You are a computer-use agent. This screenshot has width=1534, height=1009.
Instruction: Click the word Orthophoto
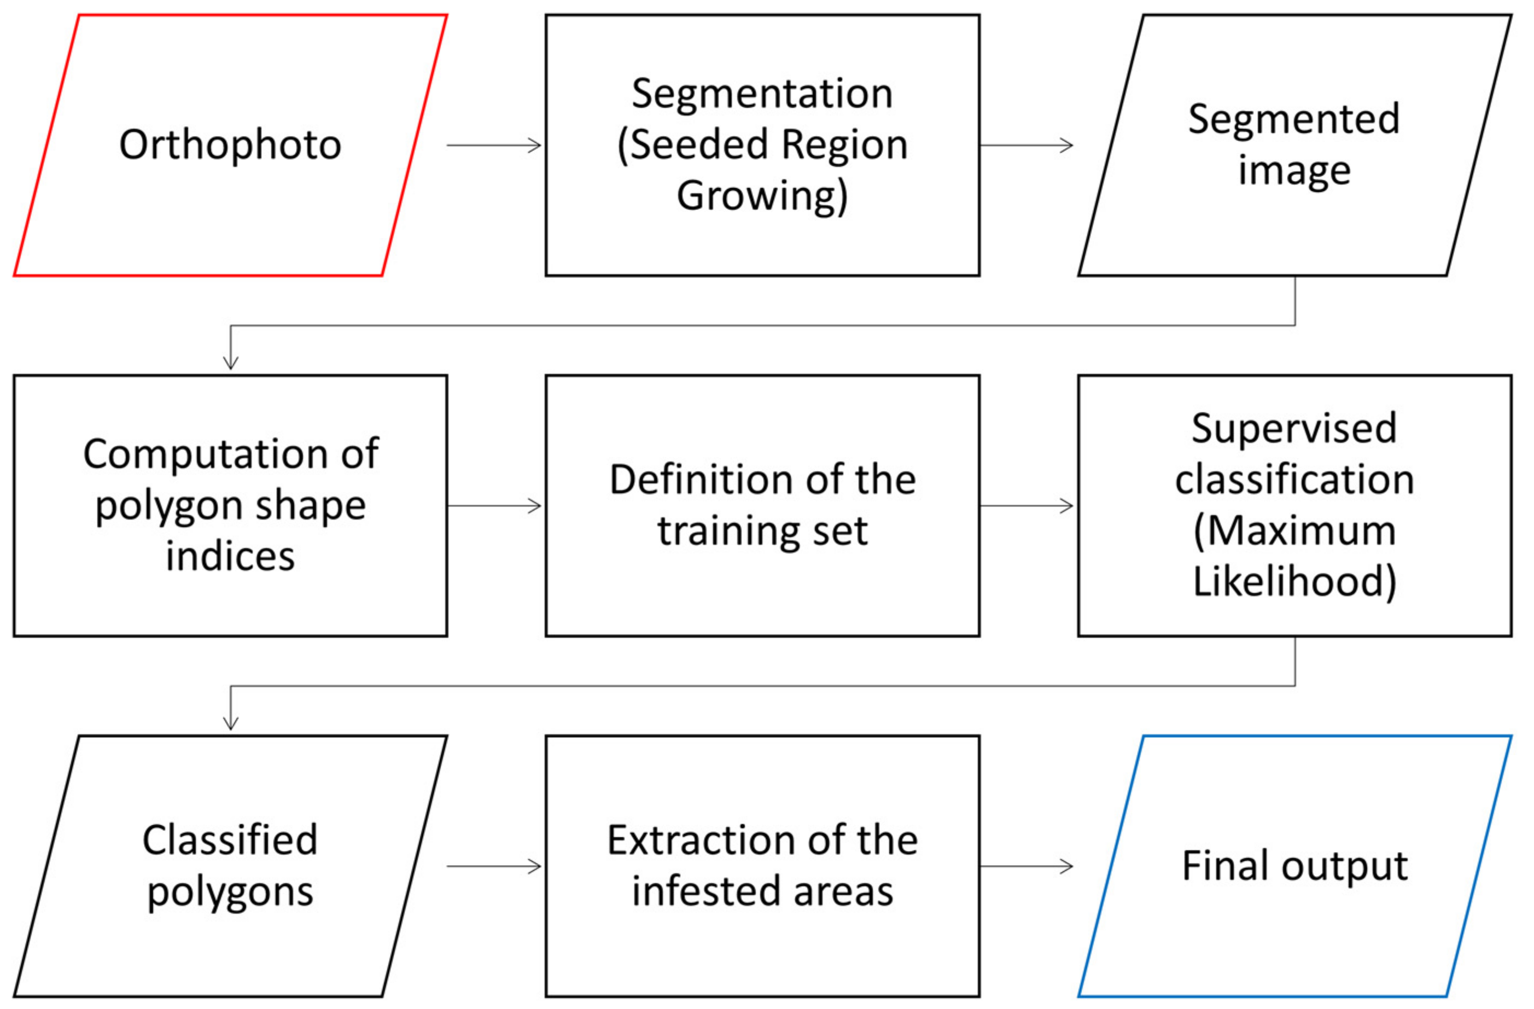230,144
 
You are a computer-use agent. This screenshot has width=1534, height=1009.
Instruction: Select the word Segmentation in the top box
762,94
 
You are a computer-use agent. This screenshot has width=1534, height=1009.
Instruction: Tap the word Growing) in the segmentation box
762,196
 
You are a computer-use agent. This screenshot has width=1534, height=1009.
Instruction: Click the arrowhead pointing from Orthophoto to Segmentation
535,145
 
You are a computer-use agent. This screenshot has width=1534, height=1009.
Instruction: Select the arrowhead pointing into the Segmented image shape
1067,145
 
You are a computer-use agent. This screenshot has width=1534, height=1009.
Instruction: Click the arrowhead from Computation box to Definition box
535,505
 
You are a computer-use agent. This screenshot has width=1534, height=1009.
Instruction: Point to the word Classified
230,840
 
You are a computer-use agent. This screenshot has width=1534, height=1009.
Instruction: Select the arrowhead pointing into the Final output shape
1067,866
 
